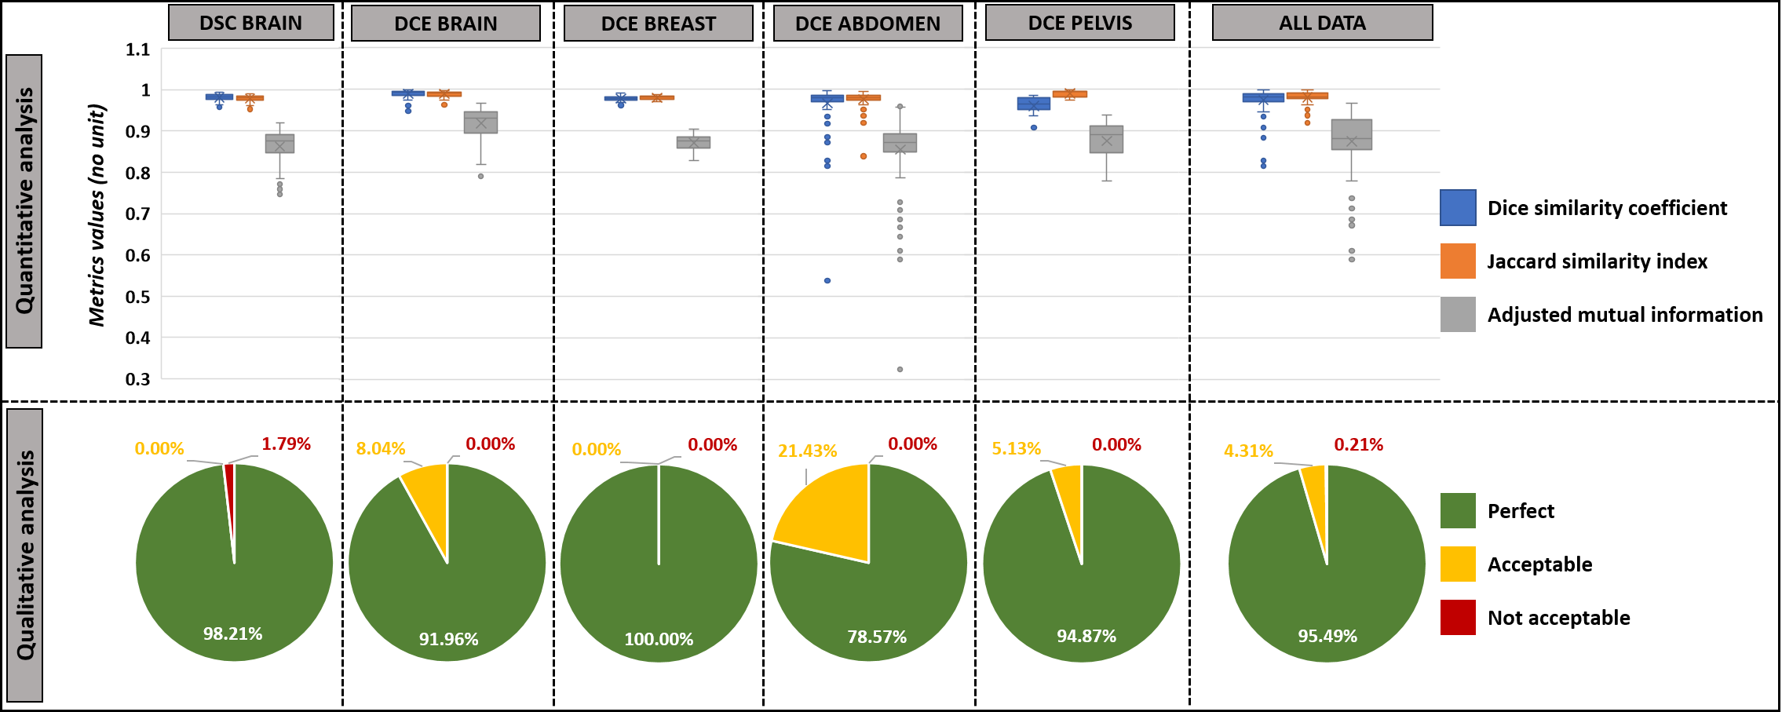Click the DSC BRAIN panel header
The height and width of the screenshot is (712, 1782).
coord(250,23)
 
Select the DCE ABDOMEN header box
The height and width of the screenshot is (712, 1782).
coord(867,24)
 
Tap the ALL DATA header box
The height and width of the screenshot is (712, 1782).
coord(1322,23)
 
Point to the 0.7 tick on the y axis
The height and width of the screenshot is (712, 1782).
coord(138,214)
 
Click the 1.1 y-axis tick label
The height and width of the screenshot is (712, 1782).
coord(138,49)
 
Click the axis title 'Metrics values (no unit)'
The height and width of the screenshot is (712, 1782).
coord(97,214)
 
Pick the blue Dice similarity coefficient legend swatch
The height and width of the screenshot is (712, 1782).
coord(1458,208)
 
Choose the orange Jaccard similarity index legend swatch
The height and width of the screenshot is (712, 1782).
coord(1458,261)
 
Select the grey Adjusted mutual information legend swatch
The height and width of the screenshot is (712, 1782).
coord(1458,315)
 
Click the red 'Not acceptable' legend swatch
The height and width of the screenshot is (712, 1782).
coord(1458,618)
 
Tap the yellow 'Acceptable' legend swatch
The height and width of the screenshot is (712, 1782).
coord(1458,564)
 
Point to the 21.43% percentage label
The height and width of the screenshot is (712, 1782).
coord(807,451)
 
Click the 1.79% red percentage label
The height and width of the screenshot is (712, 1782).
coord(286,444)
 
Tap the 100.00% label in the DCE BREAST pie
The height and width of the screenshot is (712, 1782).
coord(659,640)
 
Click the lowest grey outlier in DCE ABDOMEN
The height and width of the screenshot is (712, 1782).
coord(900,369)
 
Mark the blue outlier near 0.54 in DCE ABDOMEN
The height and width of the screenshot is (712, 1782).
coord(827,280)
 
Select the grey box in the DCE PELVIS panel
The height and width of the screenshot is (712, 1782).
coord(1106,139)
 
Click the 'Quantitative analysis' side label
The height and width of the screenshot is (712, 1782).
coord(24,201)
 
